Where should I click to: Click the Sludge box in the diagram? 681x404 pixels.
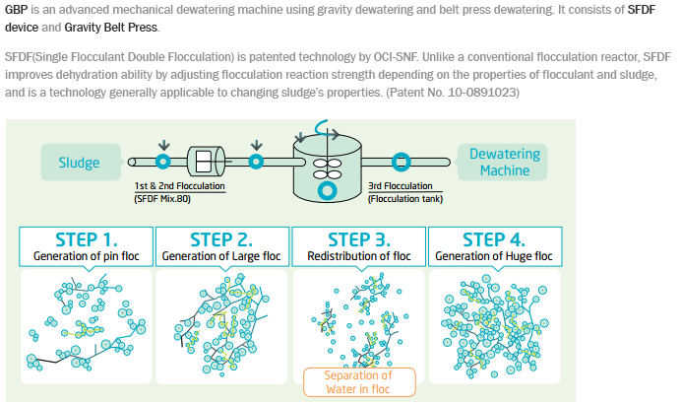(x=81, y=163)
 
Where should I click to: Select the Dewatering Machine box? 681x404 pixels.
(x=503, y=163)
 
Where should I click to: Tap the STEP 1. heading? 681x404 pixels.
(x=86, y=239)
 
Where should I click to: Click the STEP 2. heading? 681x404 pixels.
(x=221, y=239)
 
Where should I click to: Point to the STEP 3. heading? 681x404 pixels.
(x=359, y=239)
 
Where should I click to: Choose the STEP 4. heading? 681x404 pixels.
(x=494, y=239)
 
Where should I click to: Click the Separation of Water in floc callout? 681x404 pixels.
(x=359, y=382)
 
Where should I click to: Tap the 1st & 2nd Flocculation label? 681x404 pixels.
(x=179, y=186)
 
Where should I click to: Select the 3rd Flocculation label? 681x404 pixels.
(x=400, y=186)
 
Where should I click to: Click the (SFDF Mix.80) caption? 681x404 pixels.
(x=162, y=199)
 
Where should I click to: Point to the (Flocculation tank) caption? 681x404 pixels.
(x=405, y=199)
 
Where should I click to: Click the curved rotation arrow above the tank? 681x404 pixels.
(x=326, y=130)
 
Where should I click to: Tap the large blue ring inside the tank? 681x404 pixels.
(x=327, y=190)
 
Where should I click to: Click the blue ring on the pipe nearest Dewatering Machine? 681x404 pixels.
(x=401, y=163)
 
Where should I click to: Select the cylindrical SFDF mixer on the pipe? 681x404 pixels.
(x=206, y=161)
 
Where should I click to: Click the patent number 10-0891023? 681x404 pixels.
(x=483, y=93)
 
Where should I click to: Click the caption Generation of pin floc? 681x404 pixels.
(x=86, y=256)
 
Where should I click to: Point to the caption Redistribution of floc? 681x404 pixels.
(x=359, y=256)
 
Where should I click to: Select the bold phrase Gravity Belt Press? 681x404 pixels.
(x=111, y=28)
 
